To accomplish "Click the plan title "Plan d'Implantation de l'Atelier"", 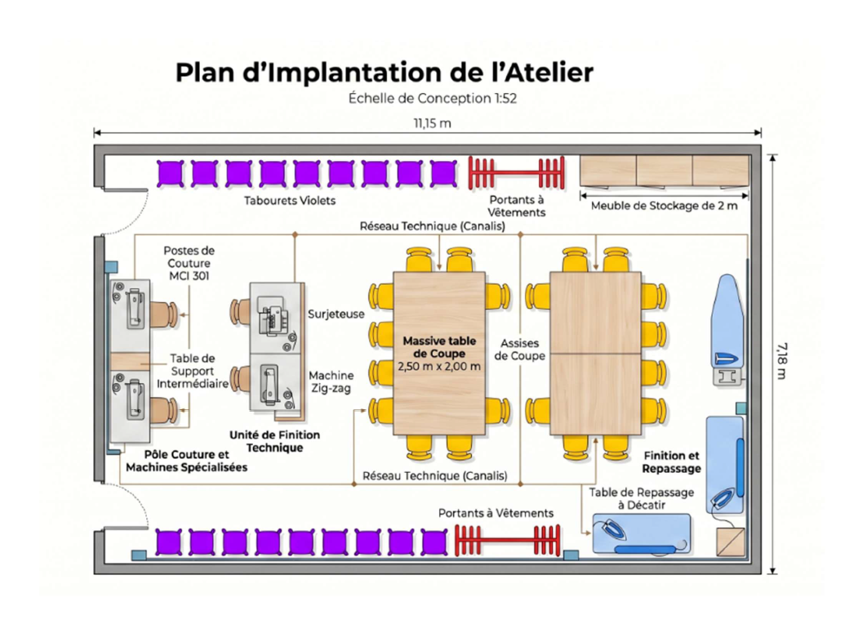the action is point(385,73).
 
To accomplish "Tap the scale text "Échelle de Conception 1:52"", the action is point(433,99).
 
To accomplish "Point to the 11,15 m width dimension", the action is point(433,123).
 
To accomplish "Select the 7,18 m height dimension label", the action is point(781,361).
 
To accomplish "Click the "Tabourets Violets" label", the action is point(290,201).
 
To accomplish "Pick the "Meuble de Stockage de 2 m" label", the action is point(665,206).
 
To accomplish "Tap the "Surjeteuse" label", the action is point(336,314).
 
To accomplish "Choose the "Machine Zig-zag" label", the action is point(331,381).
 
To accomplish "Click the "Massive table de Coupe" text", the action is point(439,347).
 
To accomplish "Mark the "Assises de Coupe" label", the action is point(520,350).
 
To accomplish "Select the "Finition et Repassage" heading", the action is point(671,462).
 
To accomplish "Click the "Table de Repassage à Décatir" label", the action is point(642,498).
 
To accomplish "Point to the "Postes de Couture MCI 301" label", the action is point(189,263).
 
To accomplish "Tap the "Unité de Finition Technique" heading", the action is point(274,441).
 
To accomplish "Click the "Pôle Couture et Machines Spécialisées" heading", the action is point(187,461).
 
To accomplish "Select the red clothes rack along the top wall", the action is point(516,173).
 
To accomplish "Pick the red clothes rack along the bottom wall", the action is point(508,540).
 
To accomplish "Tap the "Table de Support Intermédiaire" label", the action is point(192,371).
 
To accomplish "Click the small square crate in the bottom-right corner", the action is point(731,542).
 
